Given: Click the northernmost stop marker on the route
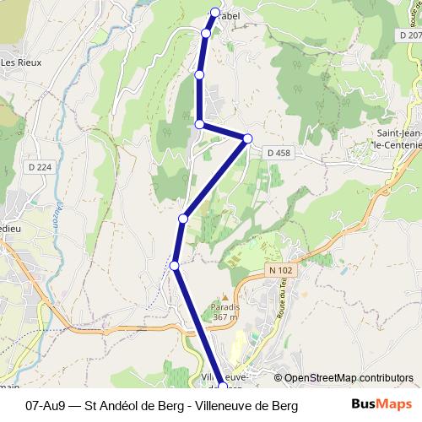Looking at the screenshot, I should [x=215, y=13].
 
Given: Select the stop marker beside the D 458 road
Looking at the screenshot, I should [x=248, y=138].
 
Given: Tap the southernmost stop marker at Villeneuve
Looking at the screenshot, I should [x=224, y=387].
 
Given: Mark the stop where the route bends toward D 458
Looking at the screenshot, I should [x=199, y=124].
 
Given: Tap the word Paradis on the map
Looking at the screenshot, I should [x=226, y=307].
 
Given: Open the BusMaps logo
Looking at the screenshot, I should [x=381, y=404].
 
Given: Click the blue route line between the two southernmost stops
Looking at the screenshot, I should [x=198, y=325].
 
